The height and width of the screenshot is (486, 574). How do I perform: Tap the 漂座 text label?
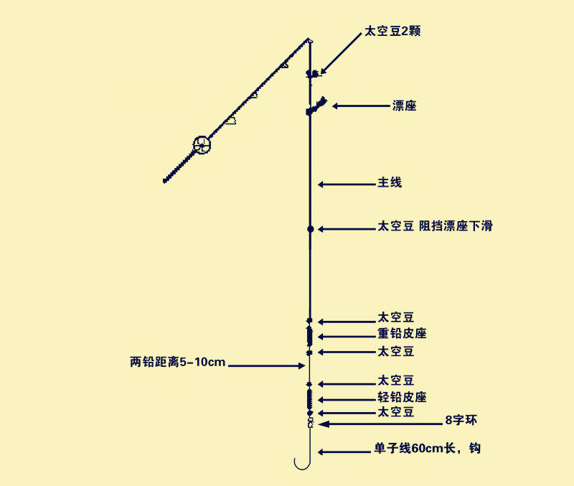coord(405,106)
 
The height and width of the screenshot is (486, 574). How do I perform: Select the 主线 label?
coord(390,183)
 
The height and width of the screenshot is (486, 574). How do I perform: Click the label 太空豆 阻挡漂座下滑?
coord(435,226)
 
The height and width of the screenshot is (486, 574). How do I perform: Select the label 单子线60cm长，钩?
coord(426,449)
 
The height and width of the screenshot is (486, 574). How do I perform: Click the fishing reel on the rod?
coord(202,145)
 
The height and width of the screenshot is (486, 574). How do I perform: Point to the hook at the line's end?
coord(302,463)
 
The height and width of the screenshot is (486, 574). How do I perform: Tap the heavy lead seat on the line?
coord(310,335)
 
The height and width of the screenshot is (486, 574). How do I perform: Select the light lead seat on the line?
coord(310,398)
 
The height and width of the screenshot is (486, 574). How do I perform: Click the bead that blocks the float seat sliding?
coord(311,229)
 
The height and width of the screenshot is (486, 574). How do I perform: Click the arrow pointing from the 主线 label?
coord(344,184)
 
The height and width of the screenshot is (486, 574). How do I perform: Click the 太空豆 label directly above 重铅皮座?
coord(396,317)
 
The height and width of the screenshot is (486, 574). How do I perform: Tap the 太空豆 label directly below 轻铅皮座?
coord(396,412)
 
